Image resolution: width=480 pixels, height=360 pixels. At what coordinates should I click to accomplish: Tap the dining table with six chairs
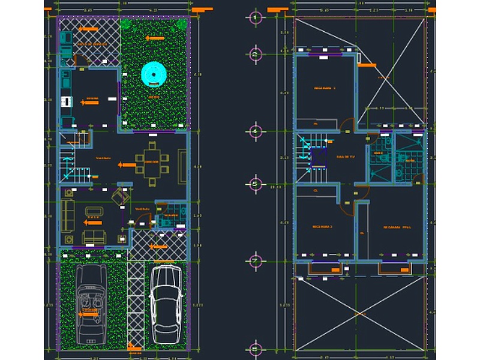point(152,161)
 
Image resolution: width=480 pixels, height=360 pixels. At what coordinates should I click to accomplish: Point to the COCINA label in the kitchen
point(92,98)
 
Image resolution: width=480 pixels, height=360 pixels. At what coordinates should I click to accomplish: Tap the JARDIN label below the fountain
point(154,96)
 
